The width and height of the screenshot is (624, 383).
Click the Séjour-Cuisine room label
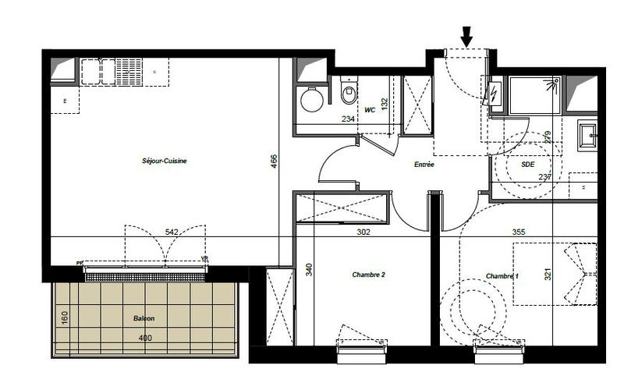[x=165, y=161]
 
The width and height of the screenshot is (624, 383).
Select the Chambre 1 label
[x=502, y=277]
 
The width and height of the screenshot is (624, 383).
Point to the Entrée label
[x=424, y=165]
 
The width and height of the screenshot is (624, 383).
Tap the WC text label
[x=370, y=111]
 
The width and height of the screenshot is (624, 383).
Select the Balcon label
[x=144, y=319]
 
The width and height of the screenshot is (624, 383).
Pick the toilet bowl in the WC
[x=348, y=94]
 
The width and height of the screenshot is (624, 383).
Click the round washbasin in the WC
[x=313, y=100]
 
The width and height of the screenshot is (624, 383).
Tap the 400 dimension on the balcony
[x=144, y=338]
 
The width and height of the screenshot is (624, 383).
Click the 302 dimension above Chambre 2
[x=363, y=232]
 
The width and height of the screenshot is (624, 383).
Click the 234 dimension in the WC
[x=348, y=119]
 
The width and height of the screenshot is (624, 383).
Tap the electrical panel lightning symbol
[x=495, y=94]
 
